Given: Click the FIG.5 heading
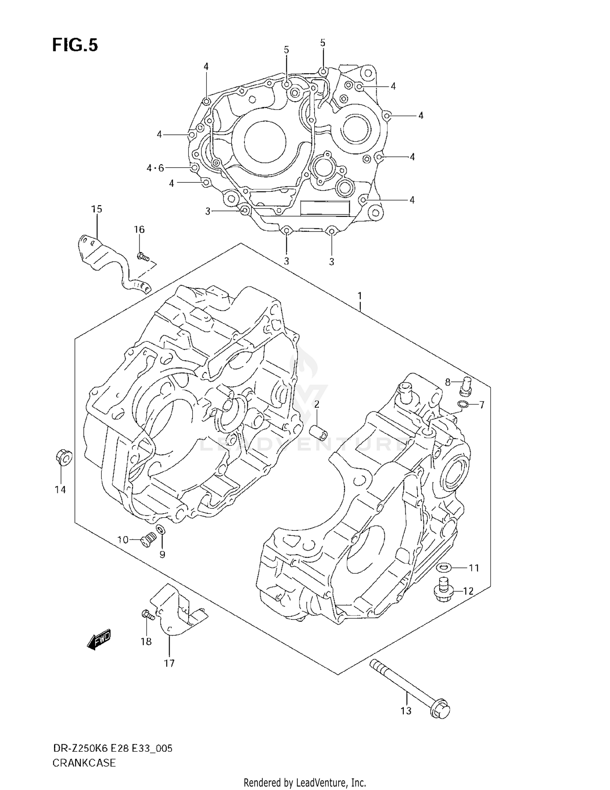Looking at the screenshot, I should (x=75, y=45).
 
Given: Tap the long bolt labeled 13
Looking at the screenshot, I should (x=409, y=687).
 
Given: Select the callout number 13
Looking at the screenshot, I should (x=406, y=711).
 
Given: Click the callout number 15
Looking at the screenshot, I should (x=96, y=209).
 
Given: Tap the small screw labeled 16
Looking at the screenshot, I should (x=143, y=257).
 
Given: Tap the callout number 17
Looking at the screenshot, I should (x=169, y=663).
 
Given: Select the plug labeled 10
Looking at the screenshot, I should (x=146, y=541).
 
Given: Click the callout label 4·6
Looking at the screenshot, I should (x=155, y=168).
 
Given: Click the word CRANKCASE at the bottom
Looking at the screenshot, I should (x=84, y=763).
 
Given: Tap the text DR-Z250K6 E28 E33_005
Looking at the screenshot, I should (x=113, y=748).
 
